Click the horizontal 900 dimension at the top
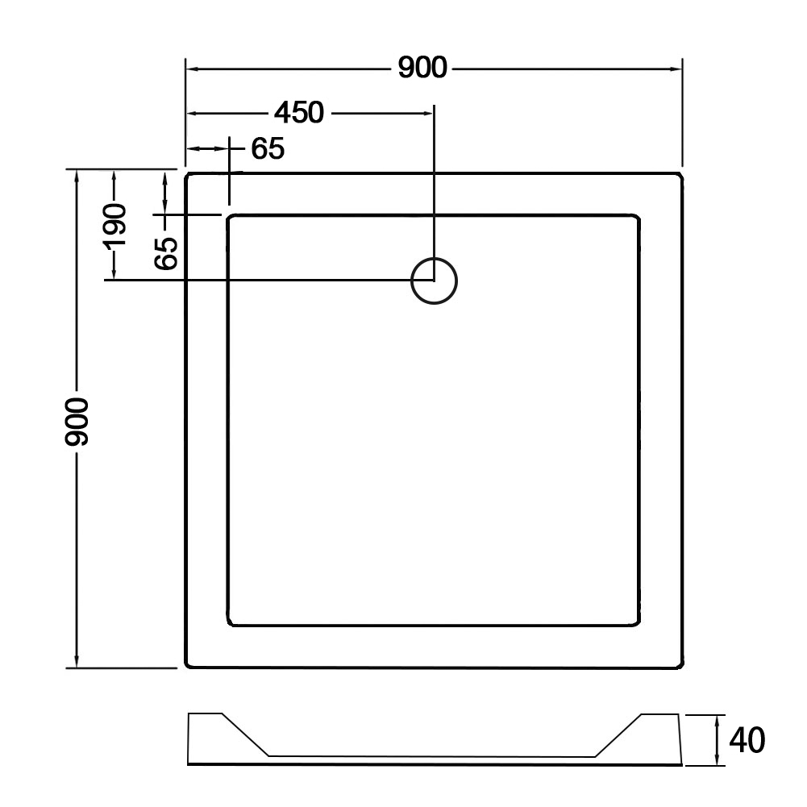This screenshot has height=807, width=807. pos(422,68)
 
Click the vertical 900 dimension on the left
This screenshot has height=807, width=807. pos(77,422)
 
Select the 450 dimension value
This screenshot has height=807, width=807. pos(299,112)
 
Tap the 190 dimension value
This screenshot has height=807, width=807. pos(114,226)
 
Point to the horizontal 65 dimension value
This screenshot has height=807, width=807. pos(268,148)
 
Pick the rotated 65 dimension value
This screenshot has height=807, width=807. pos(166,253)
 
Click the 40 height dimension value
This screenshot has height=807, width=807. pos(747,740)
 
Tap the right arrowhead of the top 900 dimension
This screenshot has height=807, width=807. pos(676,69)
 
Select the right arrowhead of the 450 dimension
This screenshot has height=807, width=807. pos(428,113)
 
